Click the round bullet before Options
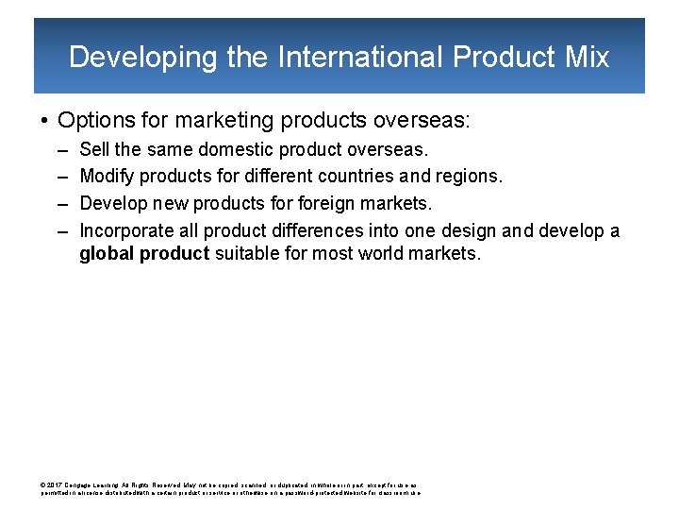(44, 121)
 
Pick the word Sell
(94, 149)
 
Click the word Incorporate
(124, 229)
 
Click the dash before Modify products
(61, 176)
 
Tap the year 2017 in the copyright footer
(55, 483)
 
